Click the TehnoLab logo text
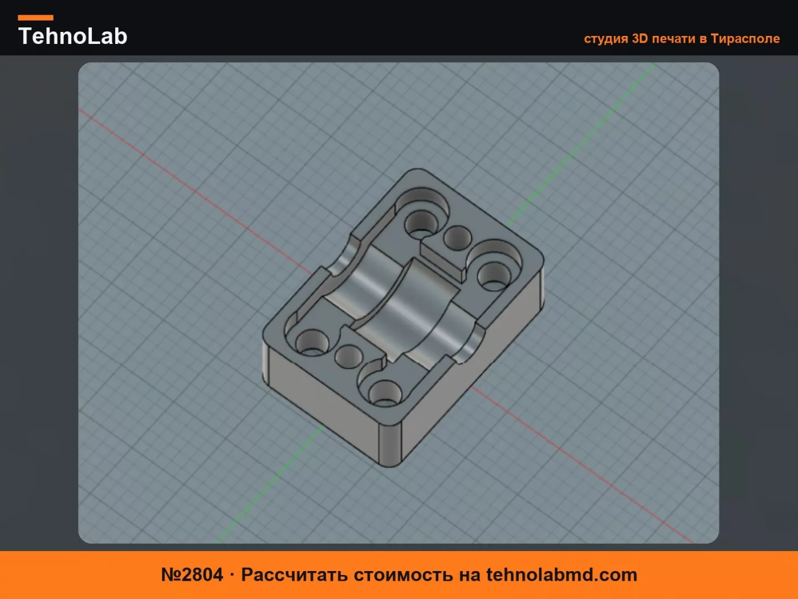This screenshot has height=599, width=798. [x=73, y=36]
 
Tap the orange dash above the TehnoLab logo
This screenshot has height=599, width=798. [x=36, y=18]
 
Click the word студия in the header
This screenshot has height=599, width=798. [x=606, y=39]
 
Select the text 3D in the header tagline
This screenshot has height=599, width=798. [x=640, y=38]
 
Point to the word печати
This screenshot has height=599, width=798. [x=674, y=39]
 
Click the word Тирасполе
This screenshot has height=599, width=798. [x=746, y=39]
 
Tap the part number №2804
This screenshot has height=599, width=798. [x=192, y=574]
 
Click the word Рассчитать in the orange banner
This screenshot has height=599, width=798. [x=295, y=575]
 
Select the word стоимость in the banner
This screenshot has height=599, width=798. [x=404, y=575]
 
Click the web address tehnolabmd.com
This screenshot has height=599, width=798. [x=561, y=574]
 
